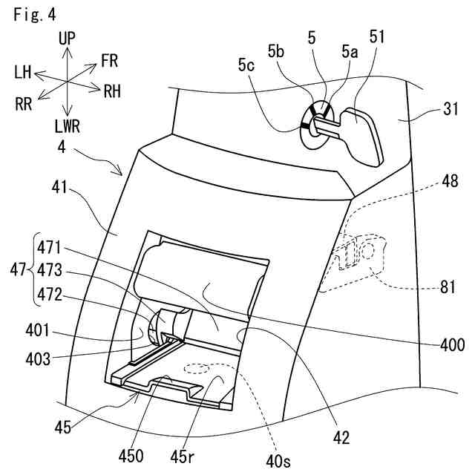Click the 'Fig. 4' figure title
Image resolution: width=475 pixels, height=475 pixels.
click(x=33, y=13)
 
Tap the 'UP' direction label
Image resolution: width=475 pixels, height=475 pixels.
click(x=68, y=37)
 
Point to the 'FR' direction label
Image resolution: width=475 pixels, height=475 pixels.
click(x=109, y=60)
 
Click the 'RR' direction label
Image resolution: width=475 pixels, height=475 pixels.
click(x=24, y=104)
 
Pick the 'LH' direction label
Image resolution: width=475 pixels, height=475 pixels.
click(x=22, y=72)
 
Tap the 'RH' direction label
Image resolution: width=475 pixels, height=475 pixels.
click(x=113, y=91)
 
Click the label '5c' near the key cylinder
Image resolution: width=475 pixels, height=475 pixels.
click(x=247, y=65)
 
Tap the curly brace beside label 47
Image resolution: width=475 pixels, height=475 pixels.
click(x=33, y=272)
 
